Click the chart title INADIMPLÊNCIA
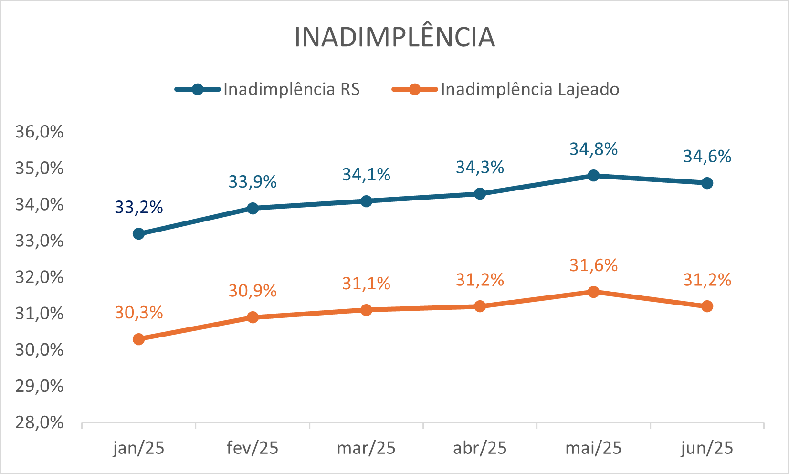(394, 37)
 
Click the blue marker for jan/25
(139, 233)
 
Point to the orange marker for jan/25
(139, 339)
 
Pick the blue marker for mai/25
(593, 176)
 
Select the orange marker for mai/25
(593, 292)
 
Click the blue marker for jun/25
(707, 183)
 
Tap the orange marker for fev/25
(252, 317)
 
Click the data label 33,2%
(139, 207)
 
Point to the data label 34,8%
(593, 149)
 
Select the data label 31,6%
(593, 265)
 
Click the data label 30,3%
(139, 313)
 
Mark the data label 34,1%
(366, 175)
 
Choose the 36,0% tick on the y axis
(39, 132)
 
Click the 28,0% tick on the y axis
(39, 422)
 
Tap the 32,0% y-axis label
(39, 277)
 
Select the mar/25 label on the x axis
(366, 448)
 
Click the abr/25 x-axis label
(480, 448)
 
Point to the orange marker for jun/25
(707, 306)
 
